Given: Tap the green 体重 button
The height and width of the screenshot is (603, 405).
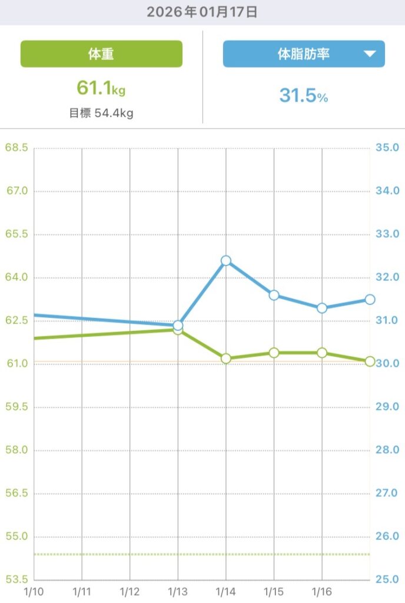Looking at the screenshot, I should tap(101, 54).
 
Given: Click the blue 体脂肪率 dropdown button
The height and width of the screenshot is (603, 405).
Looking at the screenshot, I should tap(303, 54).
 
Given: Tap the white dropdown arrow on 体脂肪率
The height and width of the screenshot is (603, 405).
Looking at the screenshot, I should tap(370, 54).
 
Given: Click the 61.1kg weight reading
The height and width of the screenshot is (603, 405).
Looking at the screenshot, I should tap(101, 88).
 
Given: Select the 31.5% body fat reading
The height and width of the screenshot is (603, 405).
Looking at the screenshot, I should tap(303, 95).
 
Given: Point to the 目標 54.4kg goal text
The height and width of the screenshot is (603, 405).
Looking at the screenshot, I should tap(101, 113).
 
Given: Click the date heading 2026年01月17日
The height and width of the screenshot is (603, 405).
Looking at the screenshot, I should tap(202, 12).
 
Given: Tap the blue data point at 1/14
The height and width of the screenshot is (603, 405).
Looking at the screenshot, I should tap(226, 260).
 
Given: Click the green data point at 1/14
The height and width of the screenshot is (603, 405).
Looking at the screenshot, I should tap(226, 358).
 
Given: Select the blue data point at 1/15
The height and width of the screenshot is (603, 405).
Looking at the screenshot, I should tap(274, 295).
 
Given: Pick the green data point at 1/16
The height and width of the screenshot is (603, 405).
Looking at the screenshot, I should tap(322, 353).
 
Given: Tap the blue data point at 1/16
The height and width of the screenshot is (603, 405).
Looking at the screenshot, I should tap(322, 308).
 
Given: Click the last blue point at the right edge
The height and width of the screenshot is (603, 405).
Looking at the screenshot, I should tap(370, 299).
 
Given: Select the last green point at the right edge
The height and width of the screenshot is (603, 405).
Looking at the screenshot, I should tap(370, 362).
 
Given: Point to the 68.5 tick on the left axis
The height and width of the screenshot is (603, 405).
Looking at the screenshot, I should tap(16, 147).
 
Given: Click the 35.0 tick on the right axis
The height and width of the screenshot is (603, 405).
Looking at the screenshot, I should tap(387, 147).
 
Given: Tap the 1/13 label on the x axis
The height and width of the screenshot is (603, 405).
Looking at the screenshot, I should tap(177, 590).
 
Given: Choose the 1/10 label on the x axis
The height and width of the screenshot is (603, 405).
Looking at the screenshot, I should tap(34, 590).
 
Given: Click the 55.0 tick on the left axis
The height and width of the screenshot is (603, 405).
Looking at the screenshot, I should tap(16, 536).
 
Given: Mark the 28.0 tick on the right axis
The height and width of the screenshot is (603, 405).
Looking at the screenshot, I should tap(387, 450).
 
